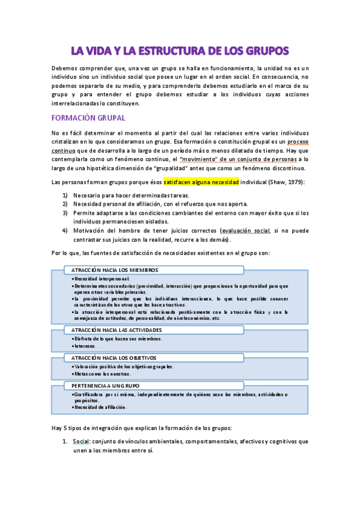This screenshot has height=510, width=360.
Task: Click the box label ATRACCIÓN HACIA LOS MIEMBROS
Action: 115,270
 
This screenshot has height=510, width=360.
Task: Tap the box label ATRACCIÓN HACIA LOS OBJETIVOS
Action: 114,357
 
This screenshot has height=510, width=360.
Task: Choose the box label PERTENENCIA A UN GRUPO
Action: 105,385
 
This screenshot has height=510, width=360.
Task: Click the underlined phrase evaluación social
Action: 246,230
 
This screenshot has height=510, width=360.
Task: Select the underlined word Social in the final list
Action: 81,441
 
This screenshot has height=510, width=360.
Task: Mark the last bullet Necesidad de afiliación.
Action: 100,407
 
